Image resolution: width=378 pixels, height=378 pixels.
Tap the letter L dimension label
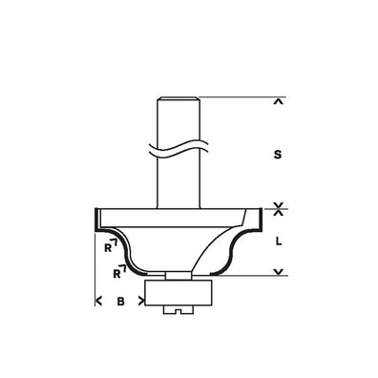(x=278, y=241)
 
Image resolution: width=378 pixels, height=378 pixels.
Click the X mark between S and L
(x=278, y=206)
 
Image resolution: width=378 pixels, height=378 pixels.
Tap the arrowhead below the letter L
(x=278, y=275)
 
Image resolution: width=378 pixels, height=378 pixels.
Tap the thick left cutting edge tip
(x=94, y=218)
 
